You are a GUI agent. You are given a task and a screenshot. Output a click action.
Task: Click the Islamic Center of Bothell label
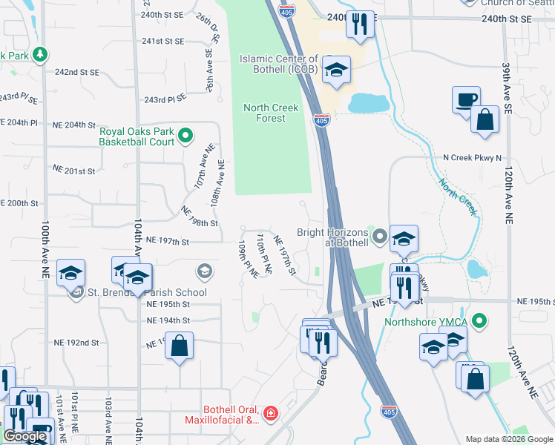tap(278, 65)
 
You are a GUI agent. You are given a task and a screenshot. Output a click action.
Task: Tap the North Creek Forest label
tap(271, 113)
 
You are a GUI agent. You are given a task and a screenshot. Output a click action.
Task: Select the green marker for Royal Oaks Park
tap(185, 136)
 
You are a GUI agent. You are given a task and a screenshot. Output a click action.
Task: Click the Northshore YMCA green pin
tap(480, 321)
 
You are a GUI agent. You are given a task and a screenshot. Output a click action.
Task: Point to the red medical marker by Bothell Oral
tap(271, 412)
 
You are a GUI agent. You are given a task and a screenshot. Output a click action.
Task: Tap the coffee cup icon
tap(466, 100)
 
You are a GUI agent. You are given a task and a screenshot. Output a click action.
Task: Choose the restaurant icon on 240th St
tap(360, 24)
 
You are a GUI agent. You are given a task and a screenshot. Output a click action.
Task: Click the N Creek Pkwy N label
tap(472, 158)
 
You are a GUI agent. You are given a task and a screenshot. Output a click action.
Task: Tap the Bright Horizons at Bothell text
tap(332, 237)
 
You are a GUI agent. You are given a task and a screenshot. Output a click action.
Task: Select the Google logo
tap(24, 436)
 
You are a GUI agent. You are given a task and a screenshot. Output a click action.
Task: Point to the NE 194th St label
tap(168, 320)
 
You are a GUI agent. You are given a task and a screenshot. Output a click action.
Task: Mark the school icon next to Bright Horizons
tap(404, 239)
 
